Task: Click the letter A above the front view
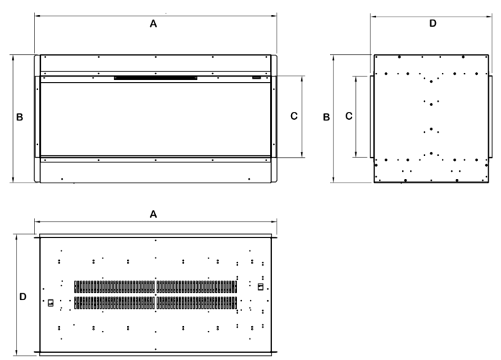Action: pyautogui.click(x=153, y=24)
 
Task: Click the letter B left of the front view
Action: pyautogui.click(x=20, y=117)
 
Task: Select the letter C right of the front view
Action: pyautogui.click(x=293, y=115)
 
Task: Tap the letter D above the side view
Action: pyautogui.click(x=432, y=24)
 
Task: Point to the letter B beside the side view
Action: pyautogui.click(x=328, y=117)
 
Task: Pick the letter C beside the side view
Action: pyautogui.click(x=348, y=116)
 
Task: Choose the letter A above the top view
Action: pyautogui.click(x=153, y=214)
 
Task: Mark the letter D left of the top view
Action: pyautogui.click(x=22, y=296)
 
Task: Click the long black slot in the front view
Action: pyautogui.click(x=155, y=76)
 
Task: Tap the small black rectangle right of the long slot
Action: pyautogui.click(x=256, y=76)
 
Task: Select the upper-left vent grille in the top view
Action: pyautogui.click(x=115, y=286)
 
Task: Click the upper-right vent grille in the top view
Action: pyautogui.click(x=196, y=286)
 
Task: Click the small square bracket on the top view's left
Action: pyautogui.click(x=51, y=303)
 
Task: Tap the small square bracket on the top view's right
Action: pyautogui.click(x=261, y=287)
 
